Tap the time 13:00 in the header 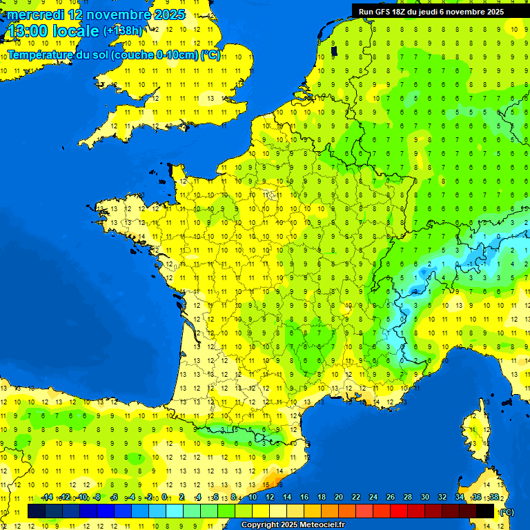(x=28, y=31)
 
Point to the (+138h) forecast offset (x=123, y=31)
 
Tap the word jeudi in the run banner (x=429, y=12)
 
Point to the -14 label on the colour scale (x=47, y=498)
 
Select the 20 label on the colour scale (x=338, y=498)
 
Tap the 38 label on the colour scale (x=493, y=498)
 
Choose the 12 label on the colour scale (x=269, y=498)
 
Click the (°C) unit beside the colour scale (x=507, y=511)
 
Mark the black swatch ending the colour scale (x=485, y=511)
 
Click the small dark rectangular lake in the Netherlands (x=334, y=51)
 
